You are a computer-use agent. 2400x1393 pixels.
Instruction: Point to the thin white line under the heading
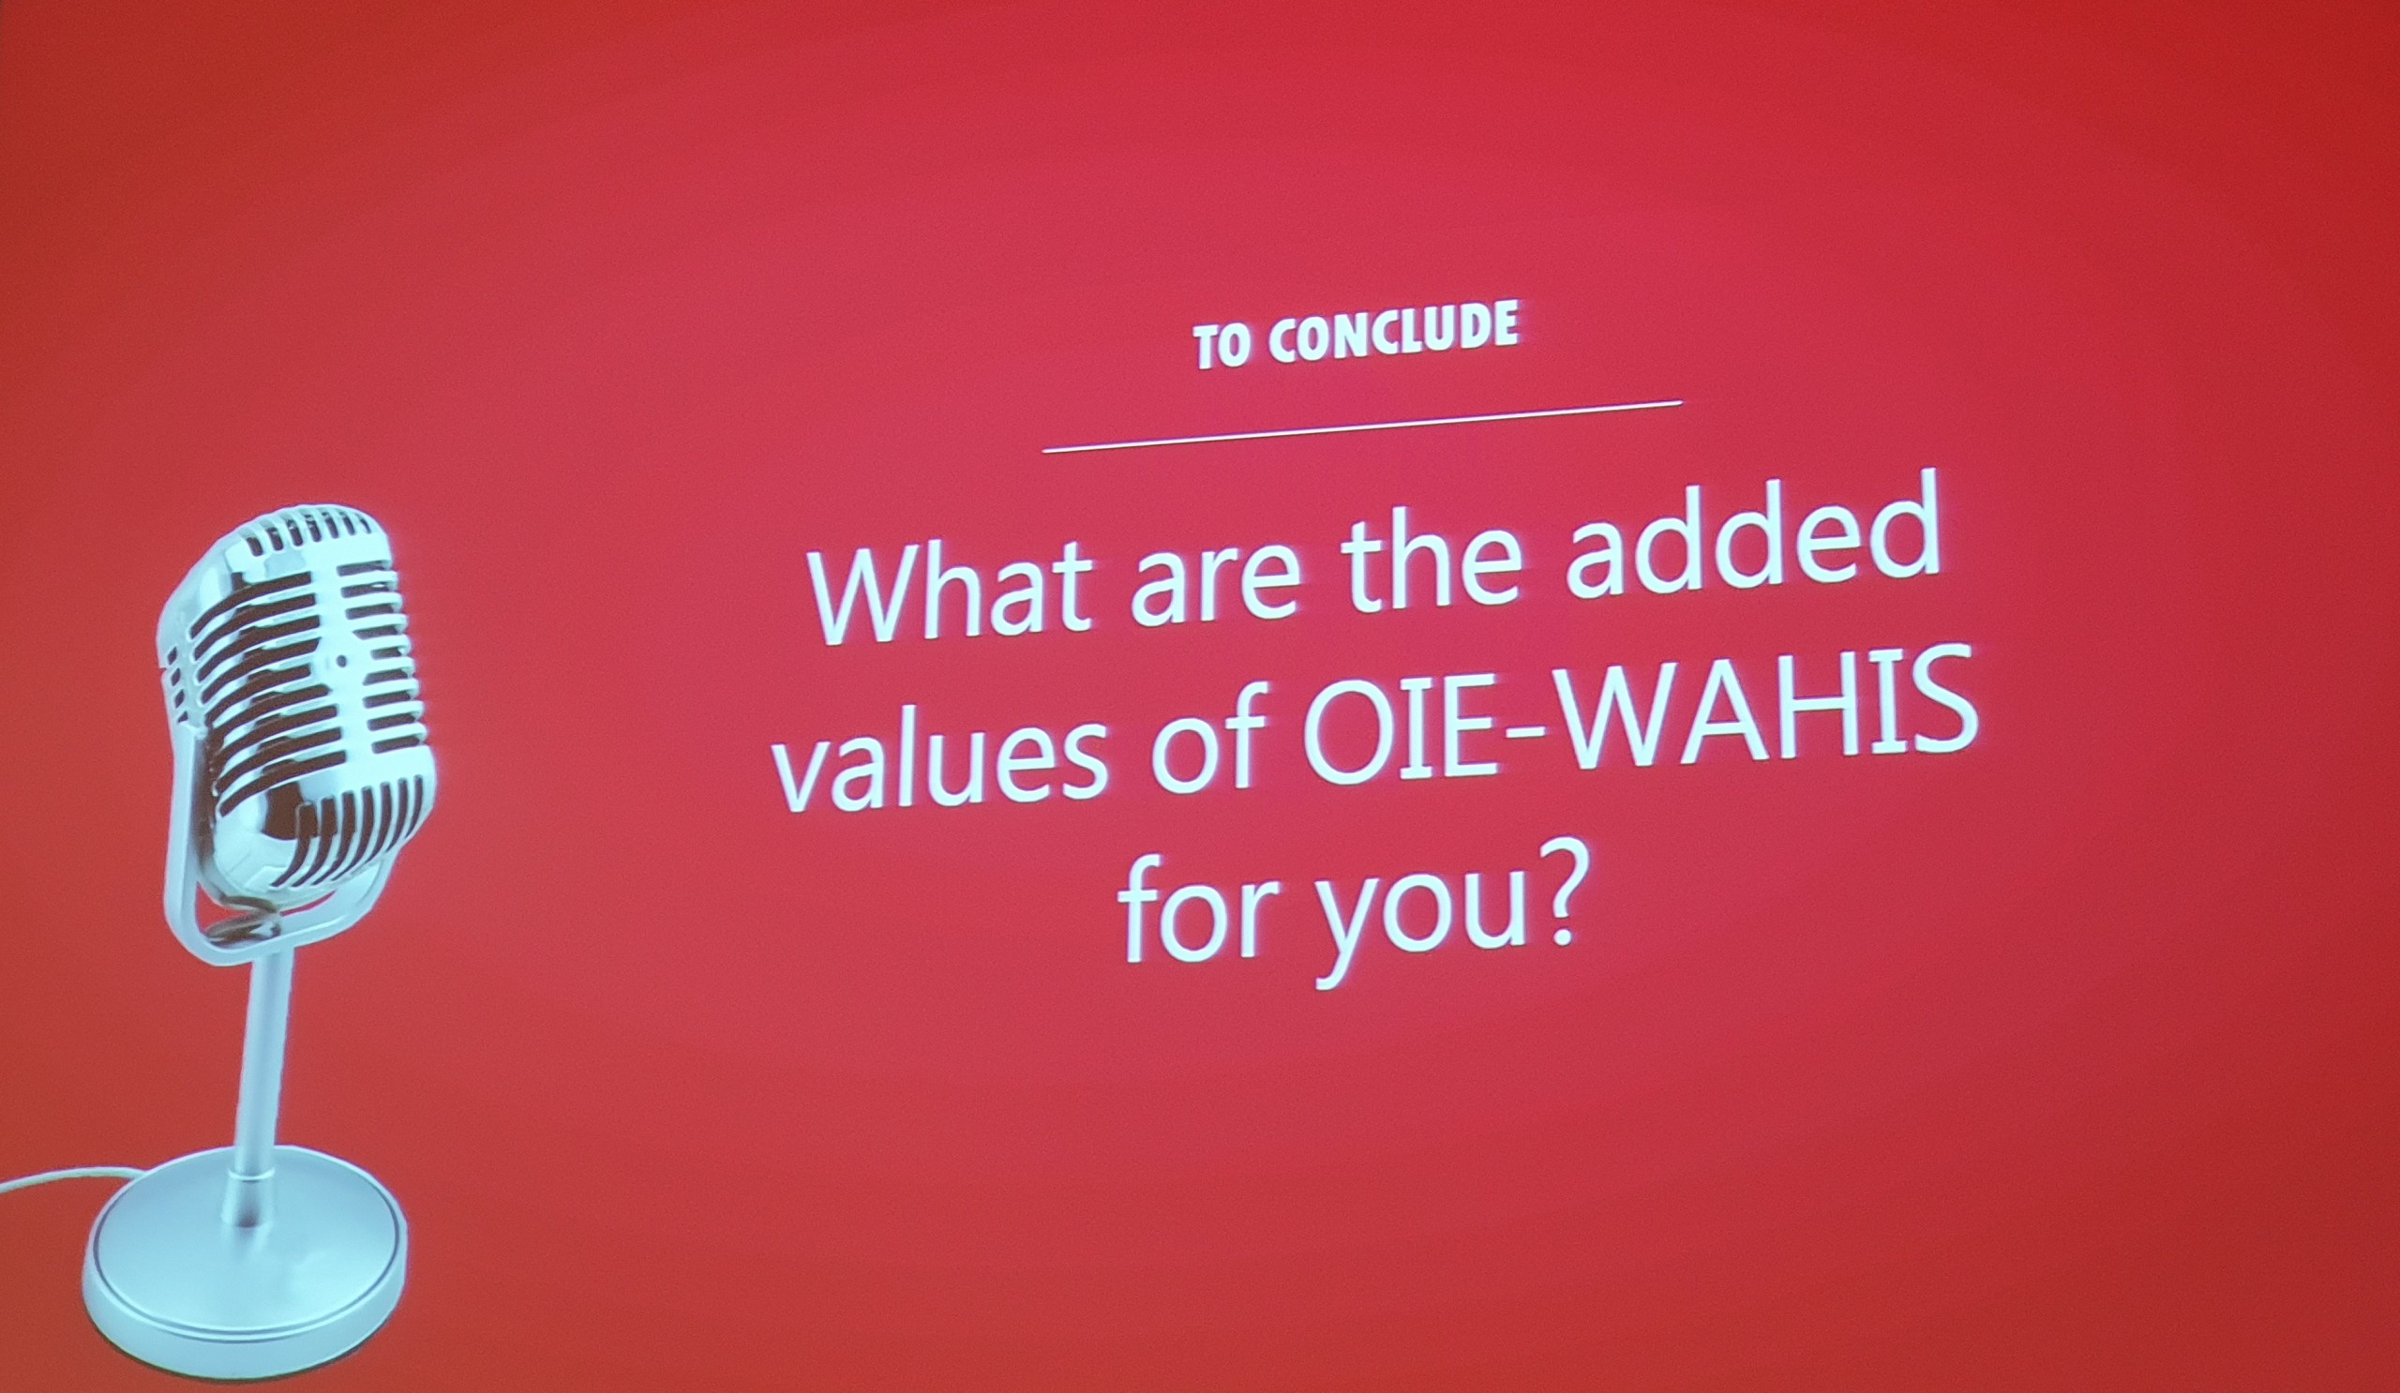pos(1362,427)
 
